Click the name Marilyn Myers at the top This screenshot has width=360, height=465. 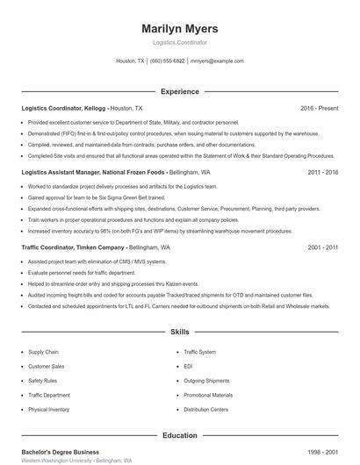(179, 29)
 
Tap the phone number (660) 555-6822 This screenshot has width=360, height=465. (167, 61)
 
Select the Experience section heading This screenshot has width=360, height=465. (179, 91)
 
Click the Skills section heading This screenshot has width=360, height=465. (179, 333)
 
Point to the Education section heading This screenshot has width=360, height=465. (179, 435)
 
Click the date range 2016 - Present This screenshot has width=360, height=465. (319, 108)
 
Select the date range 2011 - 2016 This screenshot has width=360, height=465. (322, 173)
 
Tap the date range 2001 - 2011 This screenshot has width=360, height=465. (322, 248)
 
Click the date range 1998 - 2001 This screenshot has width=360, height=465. (322, 452)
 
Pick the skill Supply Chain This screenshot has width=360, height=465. (43, 352)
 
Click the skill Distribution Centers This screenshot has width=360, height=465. (206, 409)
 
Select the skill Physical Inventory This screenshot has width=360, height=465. (48, 409)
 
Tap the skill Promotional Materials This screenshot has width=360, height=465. (208, 395)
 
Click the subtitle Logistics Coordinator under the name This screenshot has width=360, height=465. (179, 42)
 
